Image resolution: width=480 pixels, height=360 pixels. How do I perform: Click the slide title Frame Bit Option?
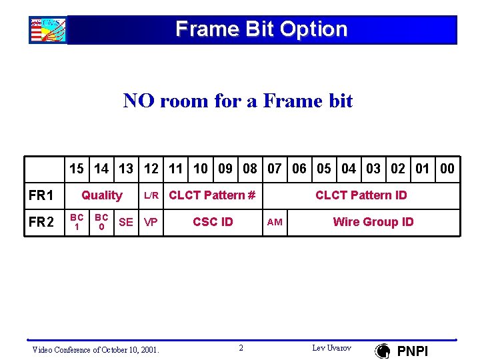[261, 29]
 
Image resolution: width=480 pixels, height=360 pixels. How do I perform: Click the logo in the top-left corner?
[47, 30]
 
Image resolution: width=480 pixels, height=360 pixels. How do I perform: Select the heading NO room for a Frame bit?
[238, 101]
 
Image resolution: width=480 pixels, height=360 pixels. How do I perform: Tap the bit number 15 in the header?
[76, 169]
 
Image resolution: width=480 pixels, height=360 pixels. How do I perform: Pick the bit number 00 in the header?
[447, 169]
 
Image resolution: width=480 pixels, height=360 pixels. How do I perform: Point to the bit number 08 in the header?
[250, 169]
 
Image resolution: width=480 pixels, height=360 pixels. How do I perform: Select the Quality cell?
[101, 195]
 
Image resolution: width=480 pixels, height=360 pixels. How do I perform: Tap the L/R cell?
[151, 195]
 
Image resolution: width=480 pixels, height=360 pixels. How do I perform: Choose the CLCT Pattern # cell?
[212, 195]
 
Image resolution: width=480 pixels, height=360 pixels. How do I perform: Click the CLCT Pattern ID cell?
[361, 195]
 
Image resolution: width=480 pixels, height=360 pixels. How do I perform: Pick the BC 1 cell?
[77, 222]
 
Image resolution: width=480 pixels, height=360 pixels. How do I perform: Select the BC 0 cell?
[101, 222]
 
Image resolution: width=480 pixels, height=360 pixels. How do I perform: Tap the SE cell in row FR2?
[125, 222]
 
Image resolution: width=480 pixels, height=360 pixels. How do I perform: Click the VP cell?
[151, 222]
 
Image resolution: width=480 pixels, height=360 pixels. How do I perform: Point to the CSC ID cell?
[213, 222]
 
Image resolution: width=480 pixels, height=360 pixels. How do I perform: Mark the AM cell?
[275, 223]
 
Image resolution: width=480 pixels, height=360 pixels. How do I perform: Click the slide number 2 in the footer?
[241, 348]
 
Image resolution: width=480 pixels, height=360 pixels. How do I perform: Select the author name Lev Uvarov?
[331, 348]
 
